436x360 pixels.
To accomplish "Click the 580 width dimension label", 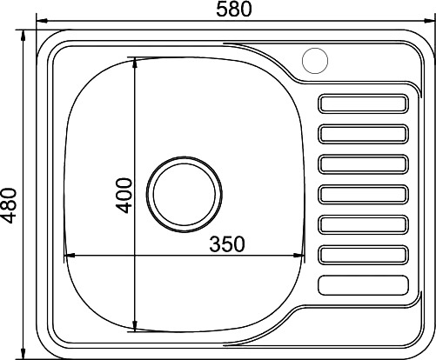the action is [x=234, y=10].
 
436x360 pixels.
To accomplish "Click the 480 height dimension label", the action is [x=9, y=205].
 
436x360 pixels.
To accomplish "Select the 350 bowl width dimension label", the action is [x=227, y=243].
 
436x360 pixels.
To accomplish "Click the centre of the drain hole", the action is [x=184, y=194].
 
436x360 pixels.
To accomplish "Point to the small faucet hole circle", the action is [x=315, y=61].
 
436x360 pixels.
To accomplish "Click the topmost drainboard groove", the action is [x=364, y=103].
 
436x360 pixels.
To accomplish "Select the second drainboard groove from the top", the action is [x=364, y=134].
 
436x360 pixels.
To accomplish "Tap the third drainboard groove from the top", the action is [x=364, y=164].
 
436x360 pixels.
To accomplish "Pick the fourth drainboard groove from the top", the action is [x=364, y=195].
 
